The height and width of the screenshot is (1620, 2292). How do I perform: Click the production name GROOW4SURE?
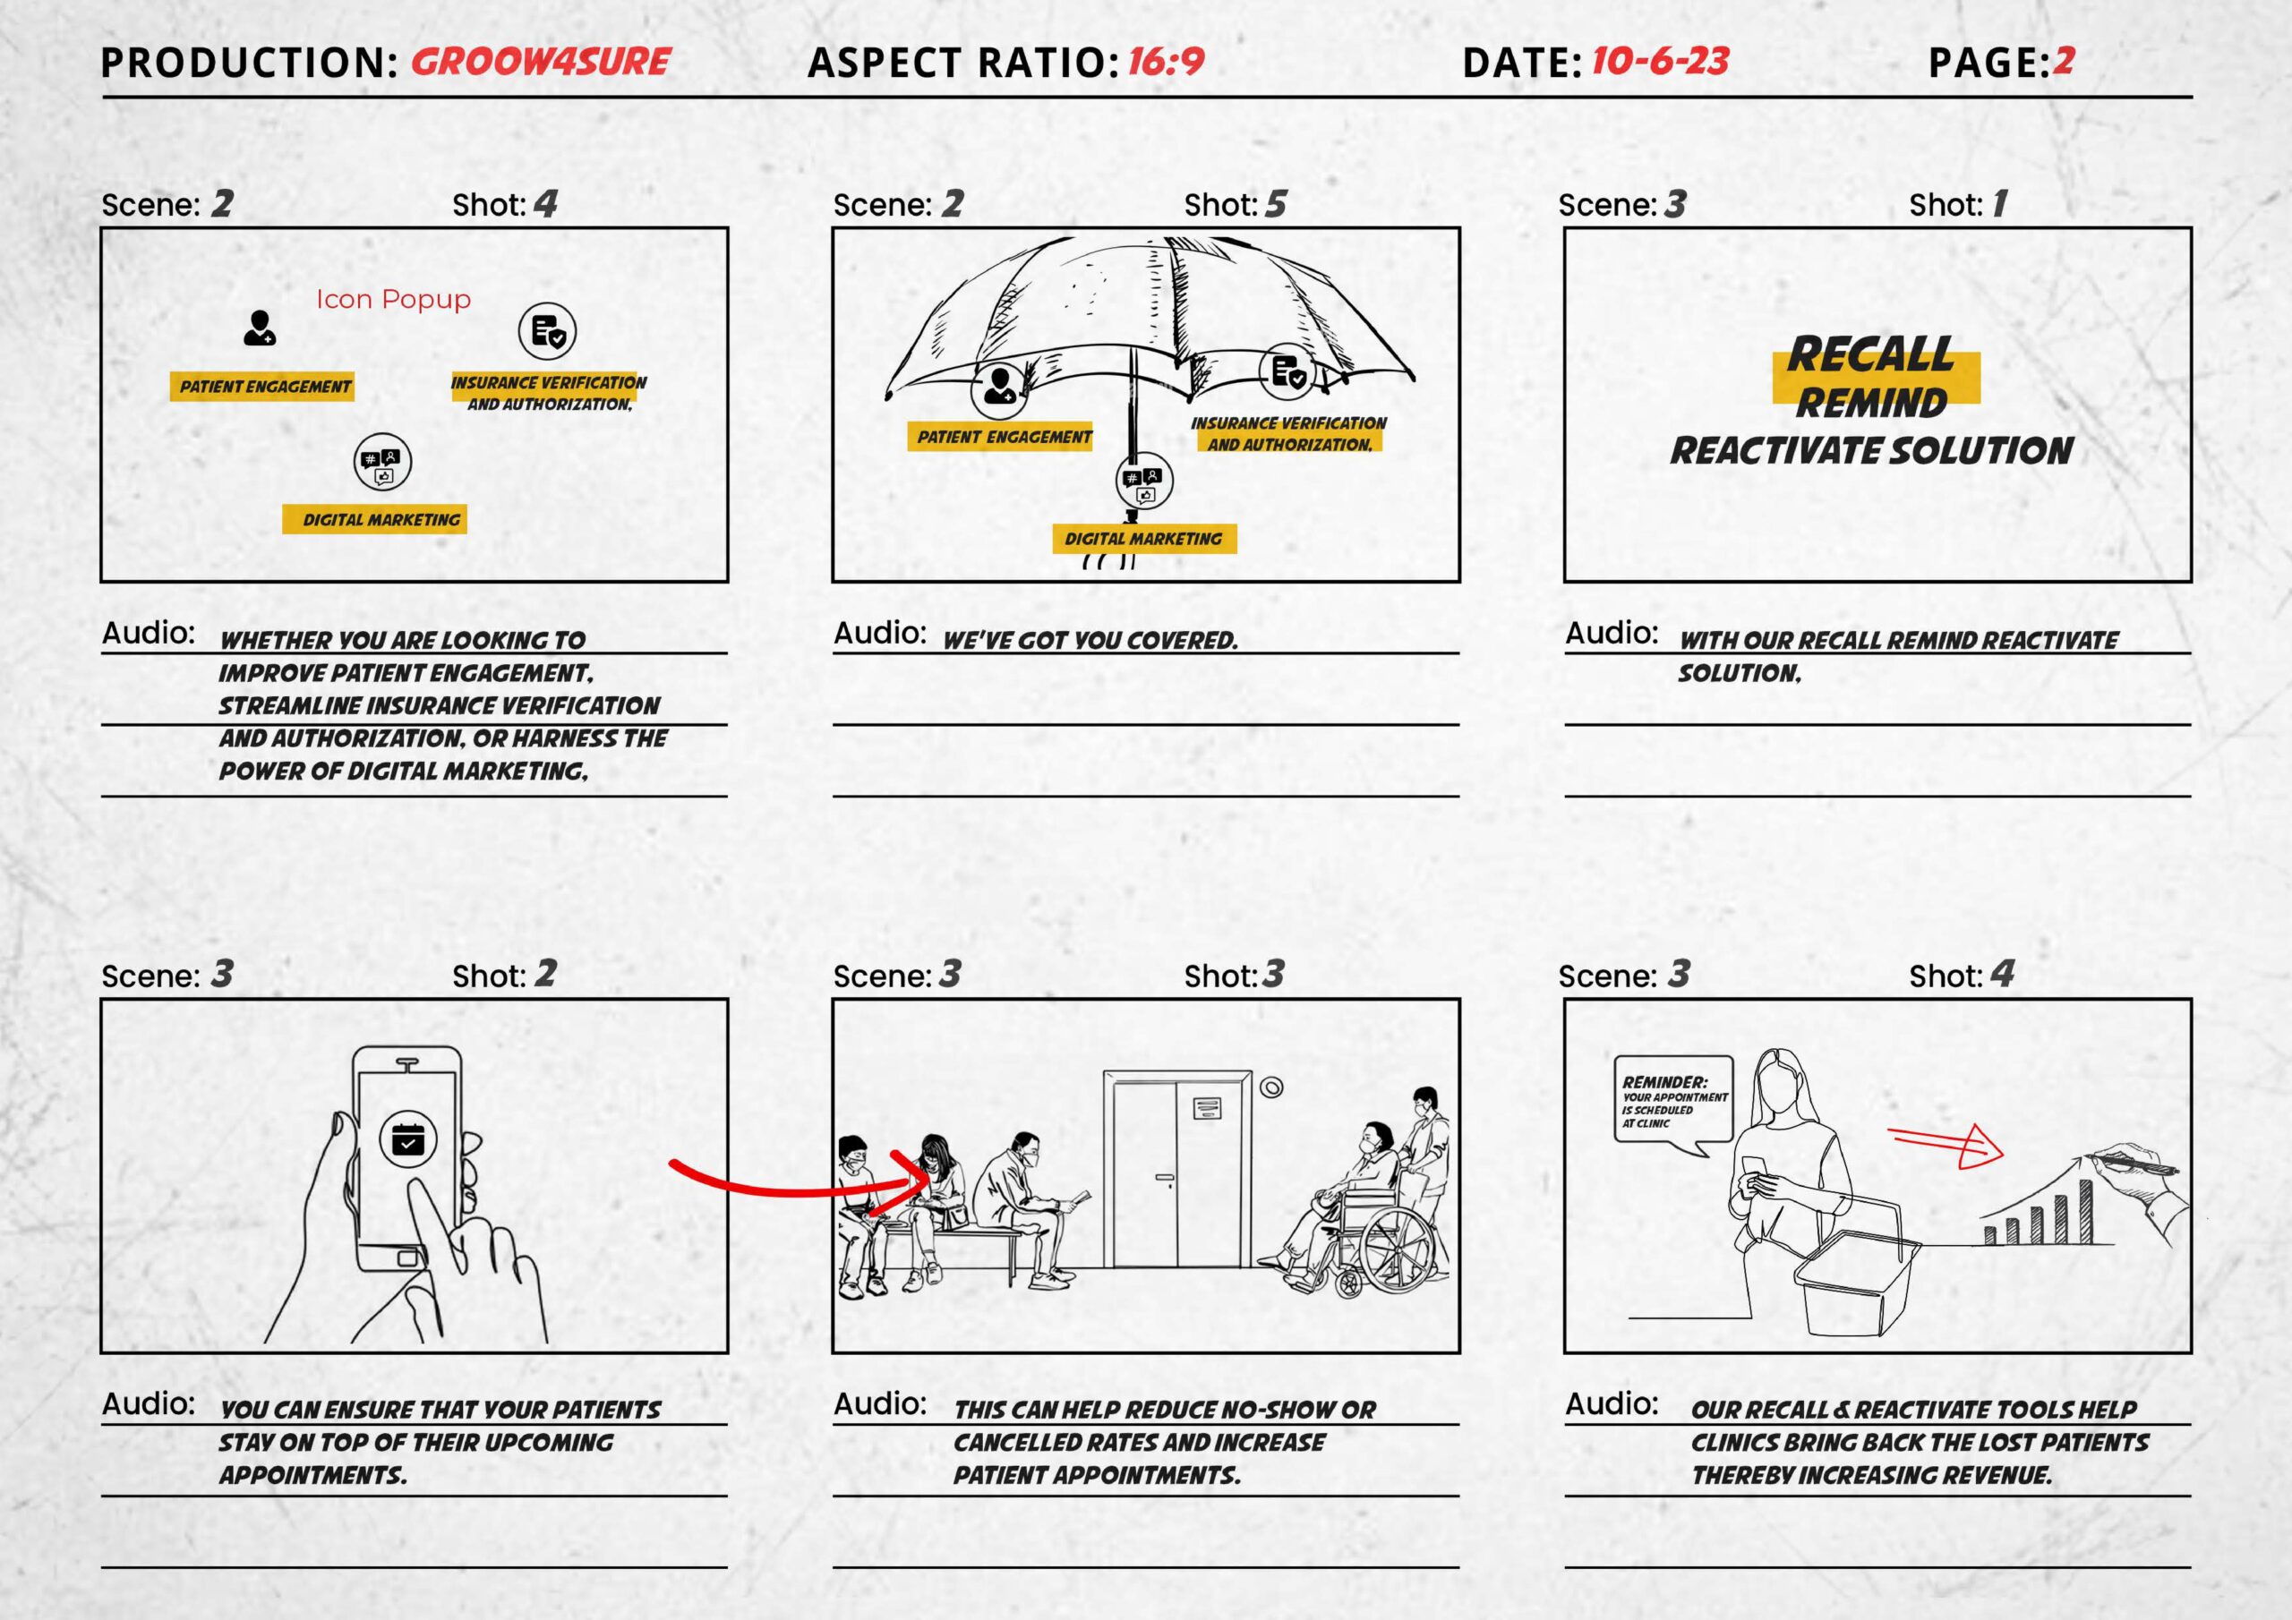click(x=540, y=62)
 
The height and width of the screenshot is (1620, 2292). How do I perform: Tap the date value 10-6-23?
click(x=1659, y=62)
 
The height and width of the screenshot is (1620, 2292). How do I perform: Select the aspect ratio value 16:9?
click(x=1166, y=62)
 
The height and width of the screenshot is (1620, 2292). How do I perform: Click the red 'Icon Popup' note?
click(x=393, y=300)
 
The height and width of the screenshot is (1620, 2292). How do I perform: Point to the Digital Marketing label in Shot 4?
click(x=381, y=519)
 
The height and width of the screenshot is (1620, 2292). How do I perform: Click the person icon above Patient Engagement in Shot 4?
click(x=260, y=328)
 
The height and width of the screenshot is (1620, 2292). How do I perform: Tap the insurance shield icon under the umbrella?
click(x=1287, y=372)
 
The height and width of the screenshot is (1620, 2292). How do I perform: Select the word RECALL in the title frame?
click(x=1869, y=354)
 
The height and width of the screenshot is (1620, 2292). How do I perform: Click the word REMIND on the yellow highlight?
click(x=1872, y=402)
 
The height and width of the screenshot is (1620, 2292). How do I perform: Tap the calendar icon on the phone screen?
click(x=407, y=1138)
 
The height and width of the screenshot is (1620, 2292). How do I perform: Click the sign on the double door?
click(x=1207, y=1107)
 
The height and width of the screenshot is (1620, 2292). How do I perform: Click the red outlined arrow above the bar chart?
click(x=1946, y=1145)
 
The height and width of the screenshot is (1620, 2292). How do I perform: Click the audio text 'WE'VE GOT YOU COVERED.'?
click(x=1090, y=641)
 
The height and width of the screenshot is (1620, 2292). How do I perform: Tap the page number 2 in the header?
click(x=2064, y=62)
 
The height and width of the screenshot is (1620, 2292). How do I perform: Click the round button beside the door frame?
click(x=1270, y=1087)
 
